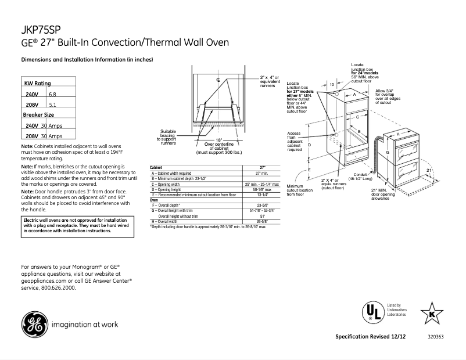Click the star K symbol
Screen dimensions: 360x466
pos(431,314)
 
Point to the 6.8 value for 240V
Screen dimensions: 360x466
pos(52,94)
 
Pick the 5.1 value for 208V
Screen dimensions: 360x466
pos(52,105)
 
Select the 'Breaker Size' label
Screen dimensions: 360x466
pos(38,115)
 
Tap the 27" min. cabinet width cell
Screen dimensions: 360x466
pos(261,173)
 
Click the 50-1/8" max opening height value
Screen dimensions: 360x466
pos(261,189)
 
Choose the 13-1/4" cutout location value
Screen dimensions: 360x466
pos(261,195)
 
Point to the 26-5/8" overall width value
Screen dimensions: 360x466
pos(261,221)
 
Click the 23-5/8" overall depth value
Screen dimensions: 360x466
pos(261,205)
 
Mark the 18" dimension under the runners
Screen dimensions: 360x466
pos(218,140)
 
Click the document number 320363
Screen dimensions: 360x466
pos(435,337)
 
